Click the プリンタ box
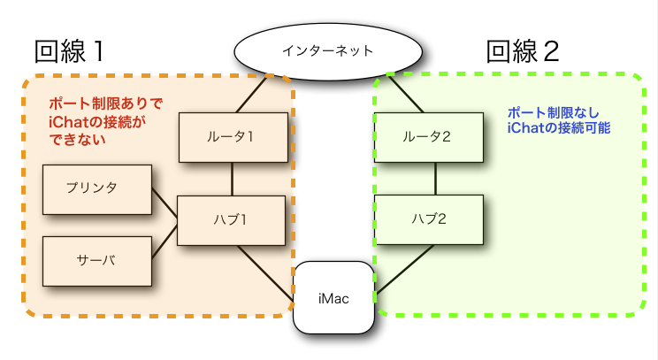pos(96,188)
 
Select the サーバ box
pos(96,261)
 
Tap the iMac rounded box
pos(333,298)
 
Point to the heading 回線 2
pos(524,51)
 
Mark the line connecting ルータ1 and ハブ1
pos(232,180)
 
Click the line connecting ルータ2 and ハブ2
pos(433,179)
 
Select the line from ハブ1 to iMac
pos(264,271)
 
